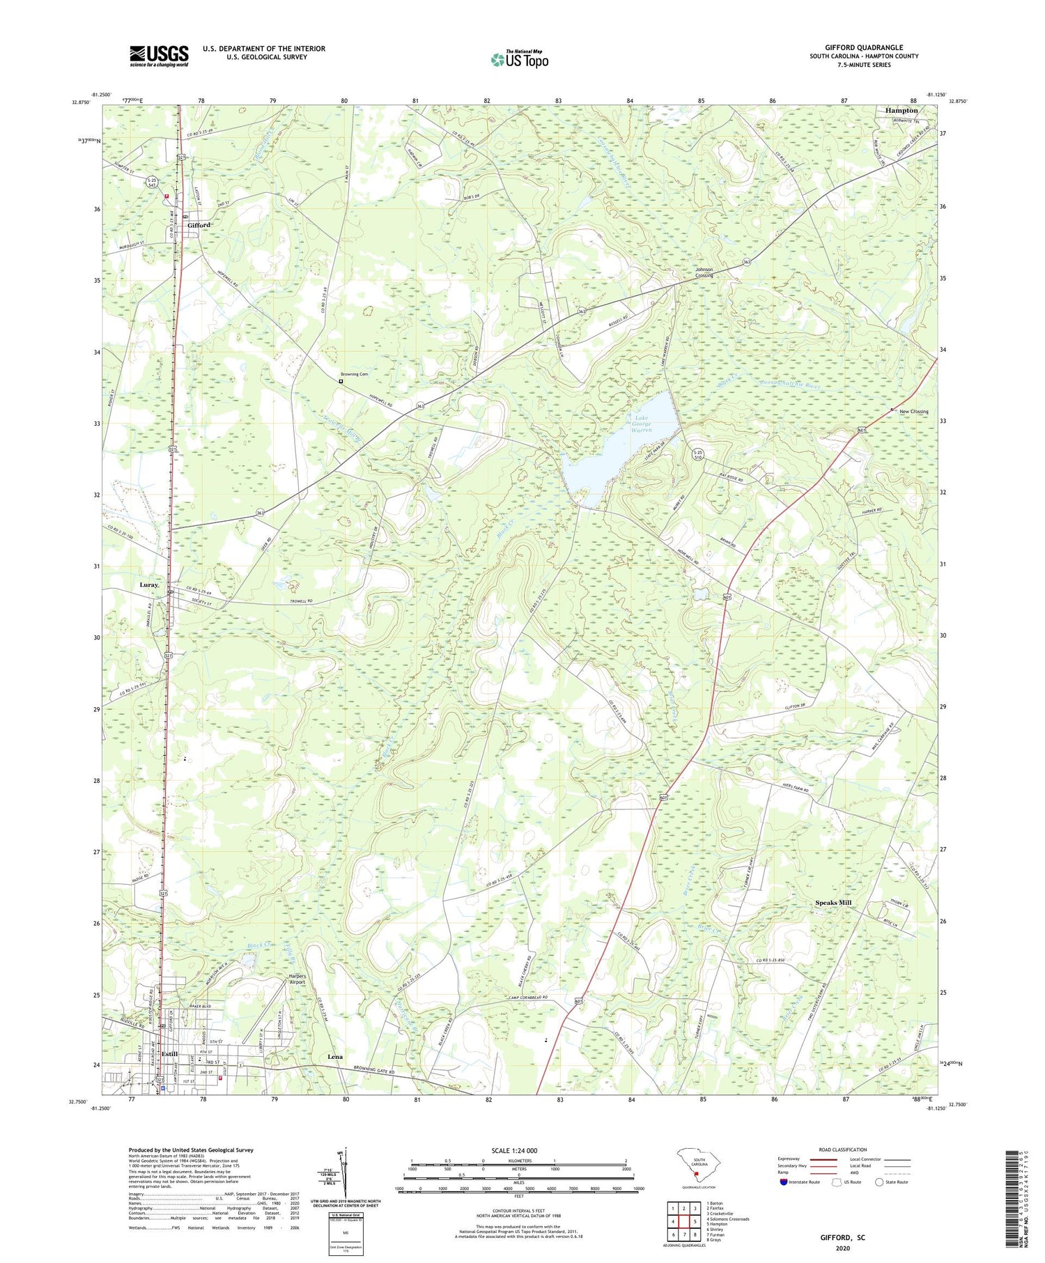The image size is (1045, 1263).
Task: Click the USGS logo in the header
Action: [x=159, y=56]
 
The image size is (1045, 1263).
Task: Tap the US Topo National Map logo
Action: [x=519, y=59]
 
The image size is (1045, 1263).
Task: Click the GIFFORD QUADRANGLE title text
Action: [x=863, y=47]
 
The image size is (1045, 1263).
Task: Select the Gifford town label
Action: [x=199, y=226]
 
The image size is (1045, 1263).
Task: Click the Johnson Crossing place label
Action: [x=704, y=272]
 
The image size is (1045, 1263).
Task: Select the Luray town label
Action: [x=149, y=584]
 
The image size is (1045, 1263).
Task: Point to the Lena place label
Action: [x=335, y=1057]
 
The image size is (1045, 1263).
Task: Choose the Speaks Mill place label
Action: [x=833, y=902]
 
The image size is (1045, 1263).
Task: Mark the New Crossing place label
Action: [x=913, y=412]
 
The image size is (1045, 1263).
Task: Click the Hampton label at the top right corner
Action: [x=901, y=110]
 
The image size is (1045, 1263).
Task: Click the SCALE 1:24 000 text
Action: [x=518, y=1150]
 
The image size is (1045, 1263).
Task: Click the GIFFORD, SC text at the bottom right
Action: [x=842, y=1237]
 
